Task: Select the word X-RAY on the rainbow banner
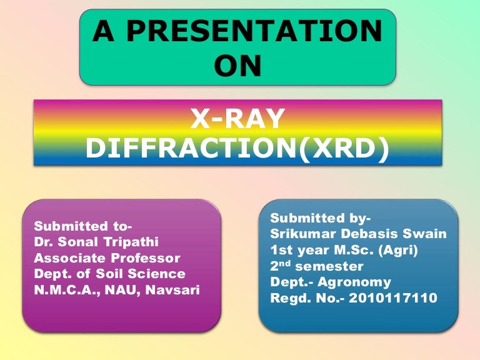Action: click(237, 118)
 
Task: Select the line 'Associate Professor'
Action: click(107, 257)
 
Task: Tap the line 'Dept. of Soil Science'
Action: click(109, 274)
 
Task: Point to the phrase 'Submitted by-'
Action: click(320, 218)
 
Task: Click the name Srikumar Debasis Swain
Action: click(358, 234)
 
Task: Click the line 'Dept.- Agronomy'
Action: click(330, 282)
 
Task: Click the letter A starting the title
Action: click(102, 32)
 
